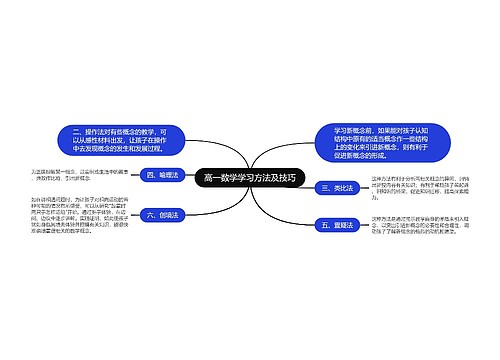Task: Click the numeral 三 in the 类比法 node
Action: (x=324, y=188)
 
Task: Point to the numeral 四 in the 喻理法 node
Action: (x=152, y=174)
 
